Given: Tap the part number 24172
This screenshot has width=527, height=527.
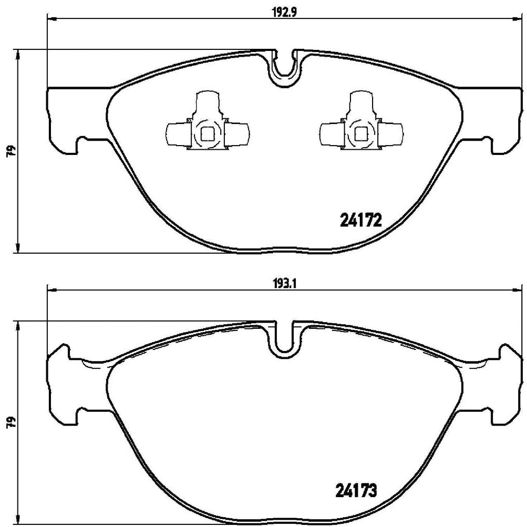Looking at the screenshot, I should [360, 221].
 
